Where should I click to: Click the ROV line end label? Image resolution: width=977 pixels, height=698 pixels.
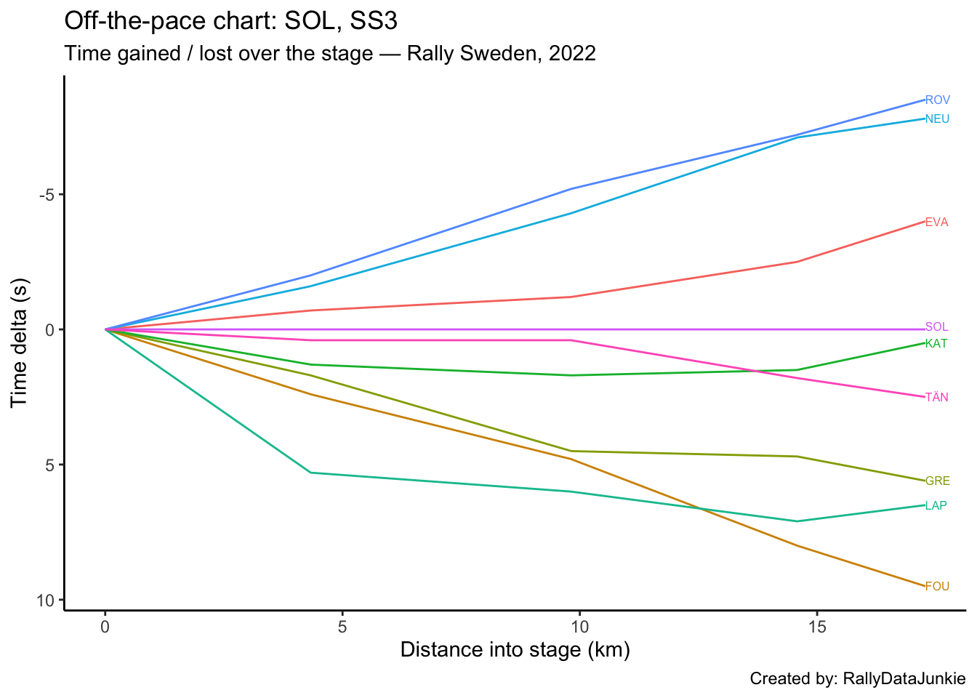coord(937,100)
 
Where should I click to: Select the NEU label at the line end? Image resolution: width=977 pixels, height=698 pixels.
coord(937,119)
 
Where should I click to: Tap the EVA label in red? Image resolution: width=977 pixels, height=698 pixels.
coord(936,222)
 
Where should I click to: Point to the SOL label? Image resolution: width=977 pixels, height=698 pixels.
coord(936,327)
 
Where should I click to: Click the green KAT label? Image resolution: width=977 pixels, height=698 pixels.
coord(936,343)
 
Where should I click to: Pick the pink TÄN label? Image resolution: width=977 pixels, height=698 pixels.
coord(936,397)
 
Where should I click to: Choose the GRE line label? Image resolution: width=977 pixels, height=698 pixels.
coord(937,481)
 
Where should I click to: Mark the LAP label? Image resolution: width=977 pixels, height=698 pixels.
coord(936,505)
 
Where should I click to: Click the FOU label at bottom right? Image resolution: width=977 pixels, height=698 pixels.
coord(937,586)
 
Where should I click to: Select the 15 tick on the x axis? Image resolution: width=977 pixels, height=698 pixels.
coord(817,627)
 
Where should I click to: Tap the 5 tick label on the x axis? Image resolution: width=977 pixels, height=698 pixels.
coord(342,627)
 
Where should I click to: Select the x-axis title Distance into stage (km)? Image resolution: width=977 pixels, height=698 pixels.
coord(515,649)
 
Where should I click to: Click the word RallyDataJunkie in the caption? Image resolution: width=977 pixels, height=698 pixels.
coord(904,679)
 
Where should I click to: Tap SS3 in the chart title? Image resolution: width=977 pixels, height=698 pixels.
coord(374,21)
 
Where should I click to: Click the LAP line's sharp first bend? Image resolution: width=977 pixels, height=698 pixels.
coord(311,473)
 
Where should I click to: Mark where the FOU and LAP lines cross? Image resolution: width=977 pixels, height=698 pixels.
coord(702,508)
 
